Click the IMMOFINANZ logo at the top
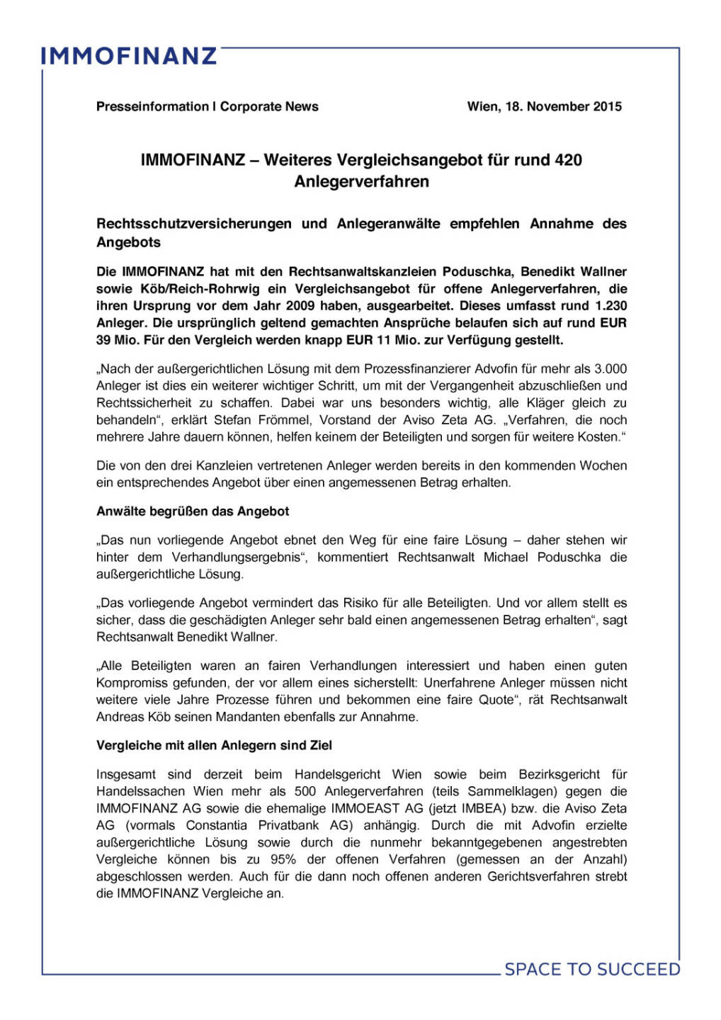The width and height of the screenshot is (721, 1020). (x=128, y=56)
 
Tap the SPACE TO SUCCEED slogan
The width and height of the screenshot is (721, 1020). (x=592, y=969)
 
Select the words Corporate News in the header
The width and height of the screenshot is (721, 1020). (x=269, y=106)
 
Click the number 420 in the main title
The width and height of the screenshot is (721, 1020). (x=568, y=160)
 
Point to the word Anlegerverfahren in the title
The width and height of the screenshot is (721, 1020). (x=361, y=181)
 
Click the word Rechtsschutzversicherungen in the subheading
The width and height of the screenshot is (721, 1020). (x=193, y=224)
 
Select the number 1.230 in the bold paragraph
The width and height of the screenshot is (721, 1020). (x=611, y=306)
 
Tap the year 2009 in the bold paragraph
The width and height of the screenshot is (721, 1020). (x=301, y=306)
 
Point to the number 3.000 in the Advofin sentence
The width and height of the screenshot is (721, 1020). (x=611, y=369)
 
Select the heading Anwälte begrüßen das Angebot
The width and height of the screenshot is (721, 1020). (x=193, y=511)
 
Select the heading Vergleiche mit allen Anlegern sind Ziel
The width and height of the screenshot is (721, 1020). (x=214, y=746)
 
